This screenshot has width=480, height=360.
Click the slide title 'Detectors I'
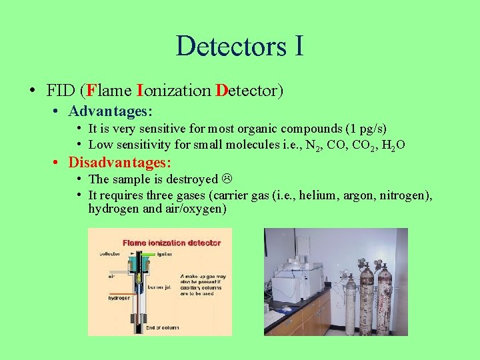240,45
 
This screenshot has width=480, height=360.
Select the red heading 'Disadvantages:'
120,162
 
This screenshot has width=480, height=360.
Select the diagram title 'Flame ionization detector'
171,243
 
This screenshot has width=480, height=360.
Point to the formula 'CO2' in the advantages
365,145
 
